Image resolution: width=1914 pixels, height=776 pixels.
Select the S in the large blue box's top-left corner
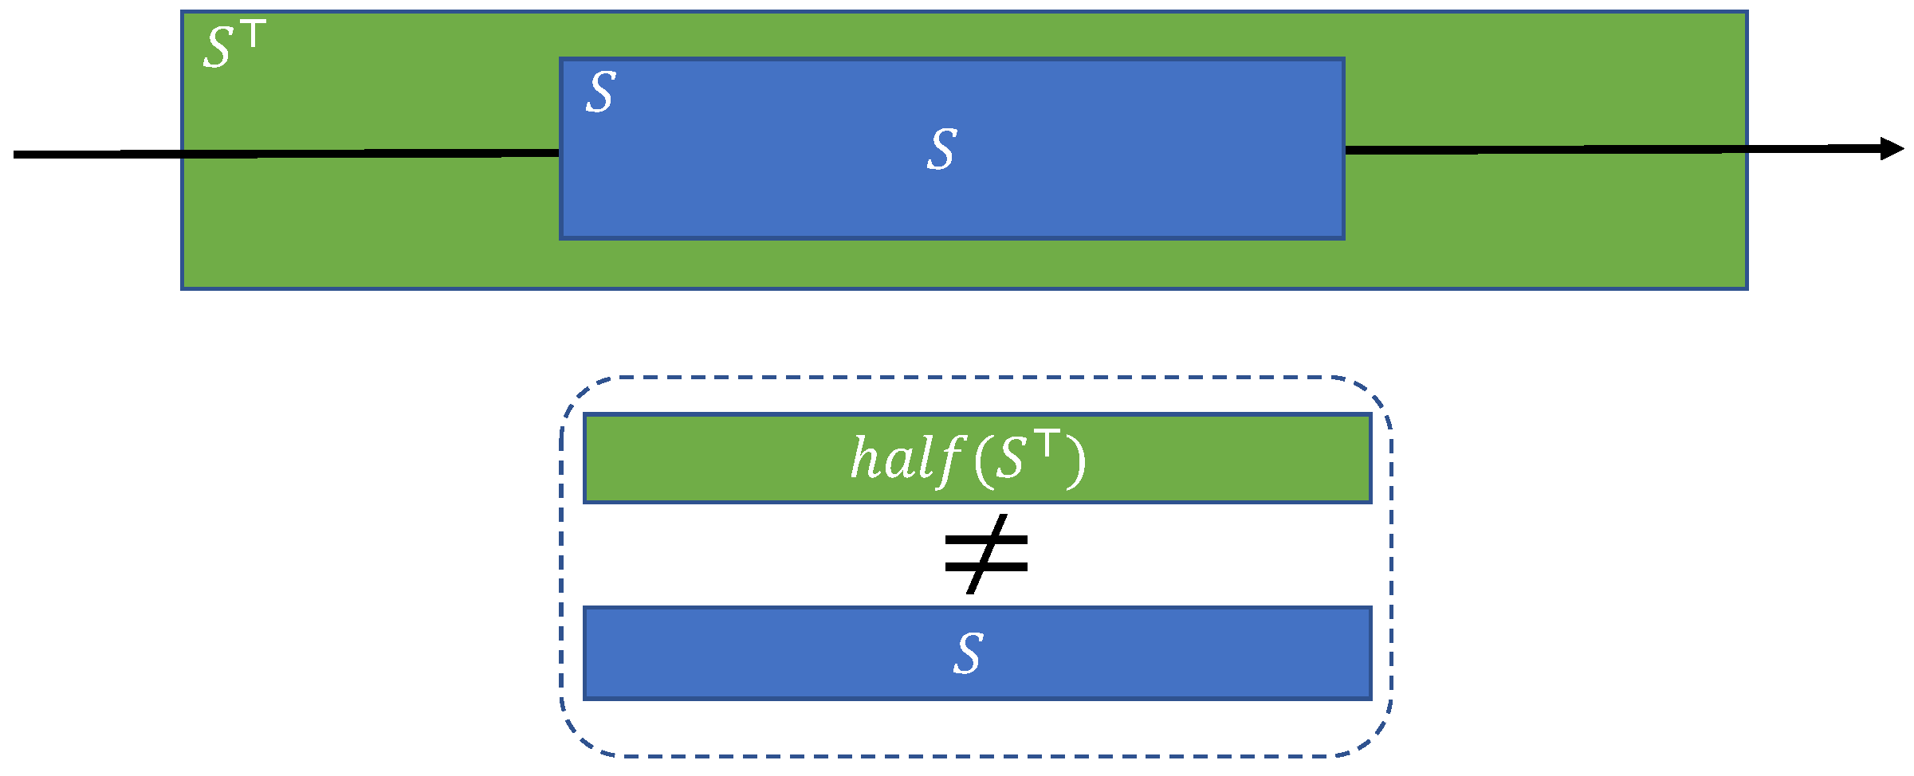[x=601, y=92]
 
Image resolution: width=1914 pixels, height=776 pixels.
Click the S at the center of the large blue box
[x=941, y=149]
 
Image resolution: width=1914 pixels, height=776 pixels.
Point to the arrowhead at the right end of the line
[x=1892, y=149]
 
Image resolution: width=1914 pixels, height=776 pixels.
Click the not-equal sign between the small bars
[x=986, y=554]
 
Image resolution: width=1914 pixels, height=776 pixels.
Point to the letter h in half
[x=864, y=459]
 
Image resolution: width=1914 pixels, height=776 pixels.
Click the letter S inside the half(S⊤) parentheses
[x=1009, y=461]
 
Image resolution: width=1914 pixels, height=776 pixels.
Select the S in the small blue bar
[x=968, y=653]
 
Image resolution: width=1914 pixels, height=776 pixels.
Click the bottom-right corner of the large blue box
[x=1343, y=237]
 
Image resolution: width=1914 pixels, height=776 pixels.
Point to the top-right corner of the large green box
[x=1747, y=13]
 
